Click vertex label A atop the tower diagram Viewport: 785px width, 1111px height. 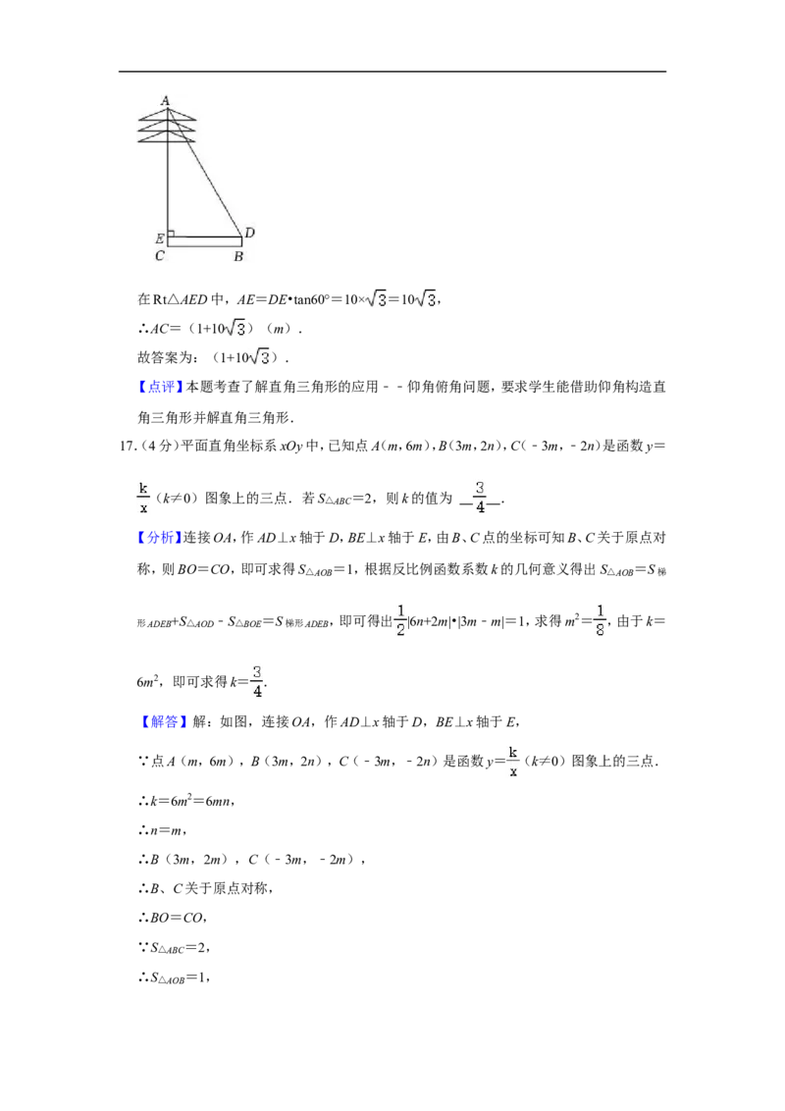[x=166, y=100]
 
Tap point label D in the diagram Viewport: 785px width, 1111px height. [x=250, y=233]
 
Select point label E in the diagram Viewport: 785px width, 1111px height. [x=159, y=238]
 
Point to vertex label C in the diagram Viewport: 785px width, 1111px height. [x=159, y=256]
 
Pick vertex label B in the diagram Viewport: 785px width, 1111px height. [x=238, y=256]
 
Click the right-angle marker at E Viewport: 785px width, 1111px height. [x=171, y=234]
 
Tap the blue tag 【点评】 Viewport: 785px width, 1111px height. [x=160, y=387]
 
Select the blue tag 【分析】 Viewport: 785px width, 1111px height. [x=160, y=538]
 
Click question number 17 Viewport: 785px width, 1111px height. [x=128, y=446]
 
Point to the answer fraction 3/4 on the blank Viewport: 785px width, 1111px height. [x=481, y=498]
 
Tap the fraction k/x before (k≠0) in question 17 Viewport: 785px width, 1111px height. [x=143, y=498]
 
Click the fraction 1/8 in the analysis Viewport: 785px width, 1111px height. [x=601, y=620]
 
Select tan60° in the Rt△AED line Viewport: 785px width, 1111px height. [x=312, y=299]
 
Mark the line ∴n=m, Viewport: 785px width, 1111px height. [x=162, y=830]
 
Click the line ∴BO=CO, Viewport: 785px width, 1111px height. [x=173, y=918]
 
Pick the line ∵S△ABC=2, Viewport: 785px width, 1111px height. [x=174, y=948]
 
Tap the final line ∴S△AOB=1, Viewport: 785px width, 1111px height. [x=174, y=978]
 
